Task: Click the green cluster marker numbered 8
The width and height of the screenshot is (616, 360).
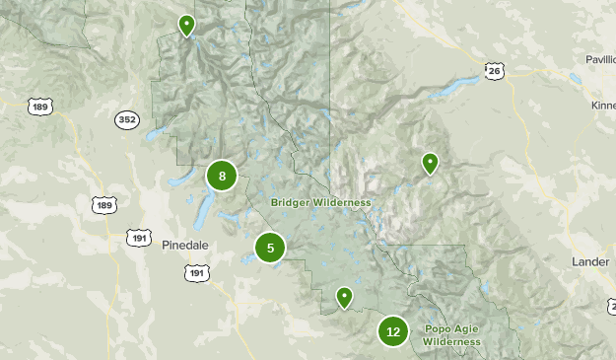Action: tap(223, 177)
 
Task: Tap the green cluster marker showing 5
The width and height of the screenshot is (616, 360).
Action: tap(270, 248)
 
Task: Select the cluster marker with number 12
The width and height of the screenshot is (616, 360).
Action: tap(393, 331)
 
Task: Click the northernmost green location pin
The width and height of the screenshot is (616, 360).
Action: tap(187, 25)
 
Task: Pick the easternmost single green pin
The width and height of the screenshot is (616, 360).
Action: tap(430, 163)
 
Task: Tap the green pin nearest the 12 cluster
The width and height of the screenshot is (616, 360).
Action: tap(344, 296)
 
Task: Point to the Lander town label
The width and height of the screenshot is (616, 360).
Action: tap(590, 260)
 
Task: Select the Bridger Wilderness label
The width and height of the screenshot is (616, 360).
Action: tap(321, 203)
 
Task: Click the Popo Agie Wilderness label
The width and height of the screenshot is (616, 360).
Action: tap(452, 335)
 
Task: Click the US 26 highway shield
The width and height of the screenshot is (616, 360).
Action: tap(494, 71)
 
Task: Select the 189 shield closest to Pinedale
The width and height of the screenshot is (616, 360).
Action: tap(104, 204)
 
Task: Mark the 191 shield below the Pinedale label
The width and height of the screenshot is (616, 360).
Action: tap(197, 272)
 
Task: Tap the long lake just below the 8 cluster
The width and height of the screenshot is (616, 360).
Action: tap(205, 207)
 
